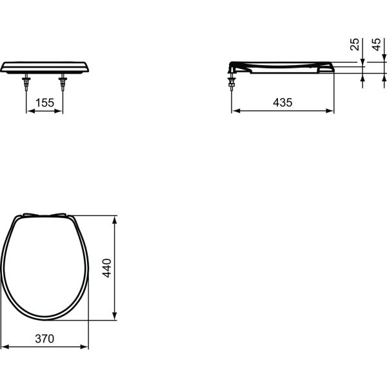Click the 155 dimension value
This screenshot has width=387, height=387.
45,103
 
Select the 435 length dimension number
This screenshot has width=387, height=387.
283,103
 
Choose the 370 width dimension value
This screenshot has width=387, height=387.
45,339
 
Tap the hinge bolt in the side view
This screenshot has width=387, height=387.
232,83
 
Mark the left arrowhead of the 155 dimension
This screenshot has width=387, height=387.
29,111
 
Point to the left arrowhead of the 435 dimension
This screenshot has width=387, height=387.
235,111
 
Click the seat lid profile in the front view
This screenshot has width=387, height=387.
45,67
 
